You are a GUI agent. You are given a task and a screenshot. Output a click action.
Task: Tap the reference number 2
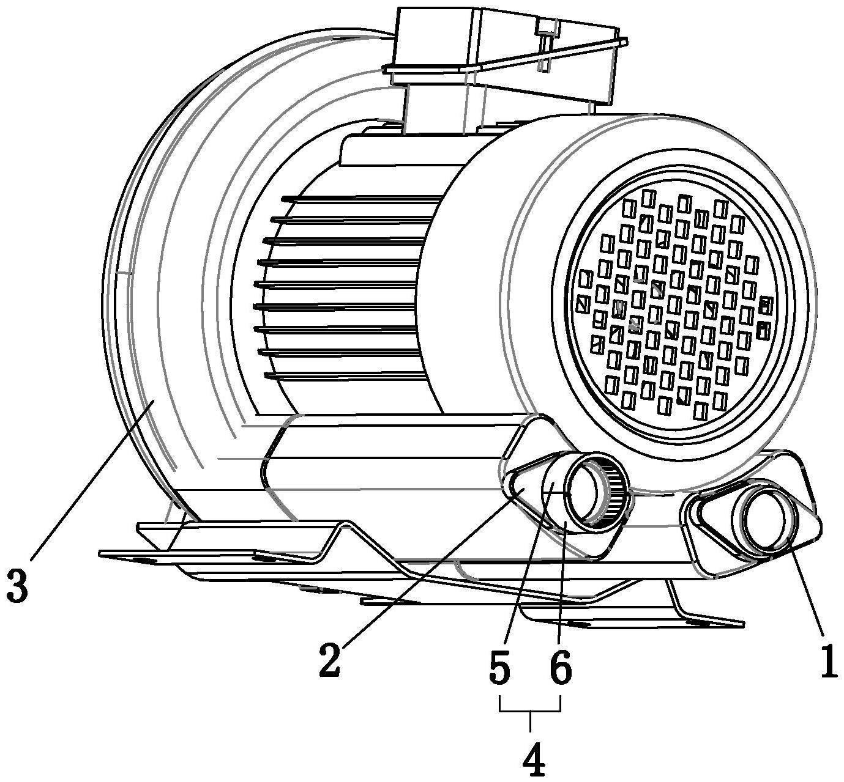331,659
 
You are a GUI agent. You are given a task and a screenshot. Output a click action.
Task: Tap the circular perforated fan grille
675,302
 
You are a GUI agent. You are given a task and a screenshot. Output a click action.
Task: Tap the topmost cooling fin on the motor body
361,199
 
